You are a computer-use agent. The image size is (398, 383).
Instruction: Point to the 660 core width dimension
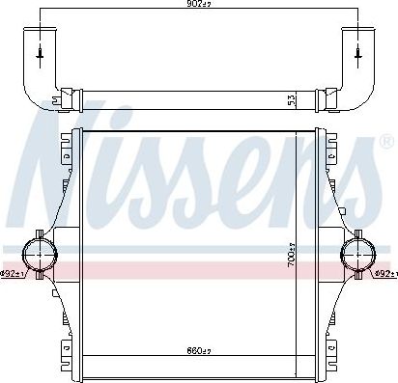pyautogui.click(x=199, y=350)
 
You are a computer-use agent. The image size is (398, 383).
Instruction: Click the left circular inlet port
pyautogui.click(x=41, y=253)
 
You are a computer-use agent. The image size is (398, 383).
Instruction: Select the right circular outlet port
pyautogui.click(x=357, y=253)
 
